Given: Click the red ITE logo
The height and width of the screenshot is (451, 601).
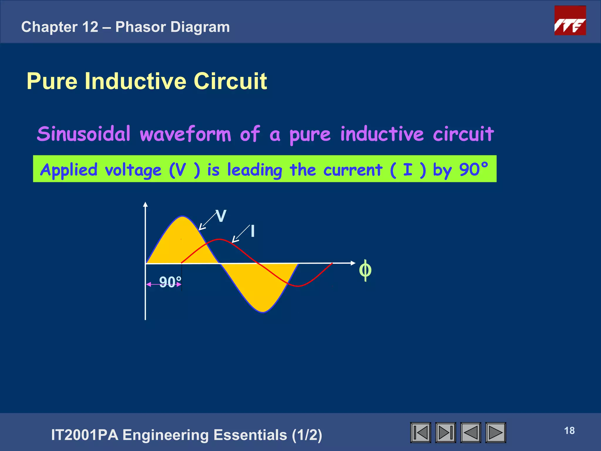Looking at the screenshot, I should pyautogui.click(x=570, y=21).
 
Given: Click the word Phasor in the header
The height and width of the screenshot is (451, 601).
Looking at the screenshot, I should pyautogui.click(x=141, y=27).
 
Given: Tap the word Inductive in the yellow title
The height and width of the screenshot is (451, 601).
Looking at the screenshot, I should pyautogui.click(x=135, y=81).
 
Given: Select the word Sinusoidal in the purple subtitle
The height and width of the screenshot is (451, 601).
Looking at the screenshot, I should pyautogui.click(x=84, y=134).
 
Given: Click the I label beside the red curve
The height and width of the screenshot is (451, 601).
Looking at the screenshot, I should pyautogui.click(x=253, y=231).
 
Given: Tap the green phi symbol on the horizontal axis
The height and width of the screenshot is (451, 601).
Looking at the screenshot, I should pyautogui.click(x=365, y=270).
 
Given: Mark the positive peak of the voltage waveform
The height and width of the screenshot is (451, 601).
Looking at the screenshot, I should pyautogui.click(x=182, y=217).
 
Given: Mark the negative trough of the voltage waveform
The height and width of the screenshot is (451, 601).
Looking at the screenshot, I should pyautogui.click(x=263, y=312).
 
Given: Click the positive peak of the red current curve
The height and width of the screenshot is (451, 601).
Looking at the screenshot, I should pyautogui.click(x=219, y=240).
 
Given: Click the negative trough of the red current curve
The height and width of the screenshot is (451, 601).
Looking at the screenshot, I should pyautogui.click(x=298, y=286).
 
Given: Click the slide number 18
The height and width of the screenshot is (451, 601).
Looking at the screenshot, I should pyautogui.click(x=569, y=431).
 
